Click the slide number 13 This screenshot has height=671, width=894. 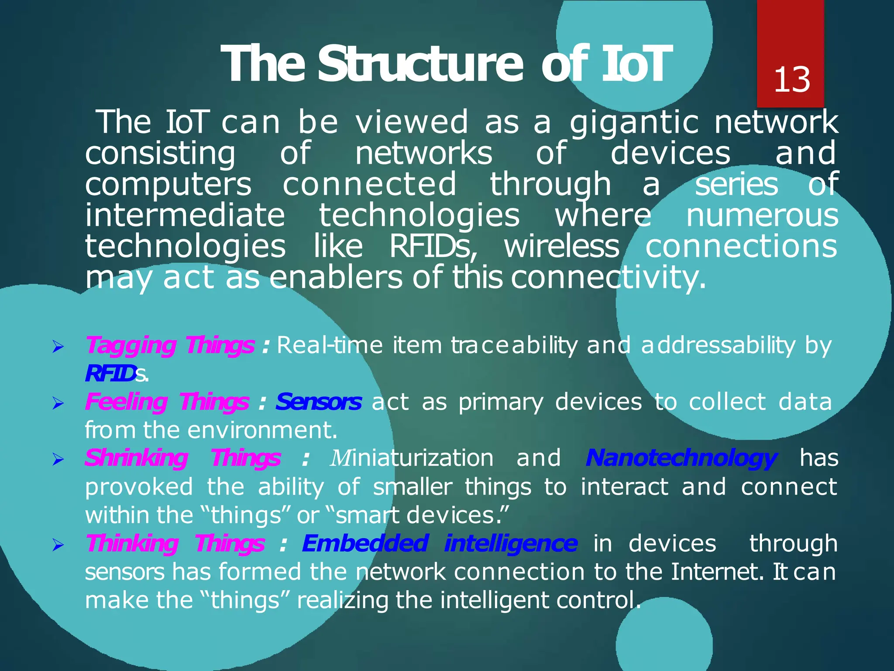[792, 80]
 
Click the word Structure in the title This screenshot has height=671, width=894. [420, 64]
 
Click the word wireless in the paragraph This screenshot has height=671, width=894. [562, 247]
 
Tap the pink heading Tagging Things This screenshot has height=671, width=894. [170, 346]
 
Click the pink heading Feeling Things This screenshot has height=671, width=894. [167, 402]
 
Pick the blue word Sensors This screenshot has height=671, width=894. [319, 402]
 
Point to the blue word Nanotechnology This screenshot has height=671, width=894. [681, 459]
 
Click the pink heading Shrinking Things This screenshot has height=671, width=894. [182, 459]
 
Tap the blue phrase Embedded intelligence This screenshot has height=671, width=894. [440, 544]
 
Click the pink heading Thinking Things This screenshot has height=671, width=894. [175, 544]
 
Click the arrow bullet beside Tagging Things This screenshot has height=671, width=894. [58, 348]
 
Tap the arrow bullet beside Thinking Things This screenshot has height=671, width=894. [58, 546]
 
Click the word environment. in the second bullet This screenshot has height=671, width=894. [263, 430]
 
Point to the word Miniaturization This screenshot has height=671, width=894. [412, 459]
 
